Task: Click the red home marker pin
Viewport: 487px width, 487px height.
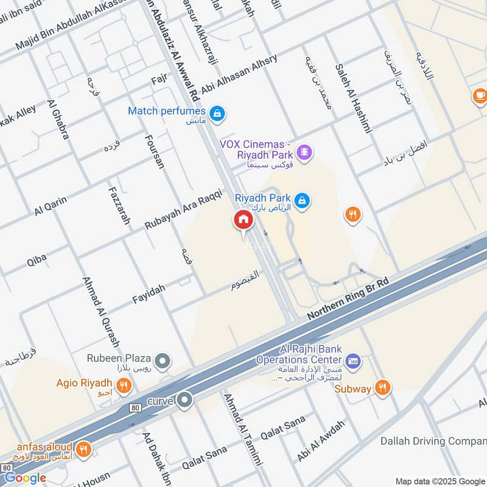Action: pos(243,220)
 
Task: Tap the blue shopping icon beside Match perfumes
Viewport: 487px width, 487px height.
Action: pos(217,113)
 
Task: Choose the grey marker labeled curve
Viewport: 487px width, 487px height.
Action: pos(186,400)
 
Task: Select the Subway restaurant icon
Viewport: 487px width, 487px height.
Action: pos(382,387)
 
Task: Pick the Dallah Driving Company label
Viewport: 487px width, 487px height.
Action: pos(433,441)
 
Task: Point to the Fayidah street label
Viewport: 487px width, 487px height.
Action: pos(149,295)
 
